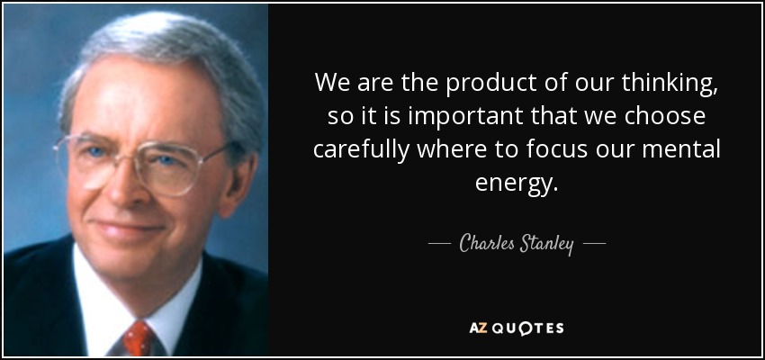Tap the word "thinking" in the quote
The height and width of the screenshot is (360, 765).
click(x=668, y=84)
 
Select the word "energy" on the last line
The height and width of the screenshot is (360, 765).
click(x=513, y=184)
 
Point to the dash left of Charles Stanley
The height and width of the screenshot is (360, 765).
click(x=438, y=242)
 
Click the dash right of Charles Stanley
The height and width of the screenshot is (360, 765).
click(x=595, y=242)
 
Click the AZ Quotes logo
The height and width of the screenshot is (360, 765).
click(x=517, y=328)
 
